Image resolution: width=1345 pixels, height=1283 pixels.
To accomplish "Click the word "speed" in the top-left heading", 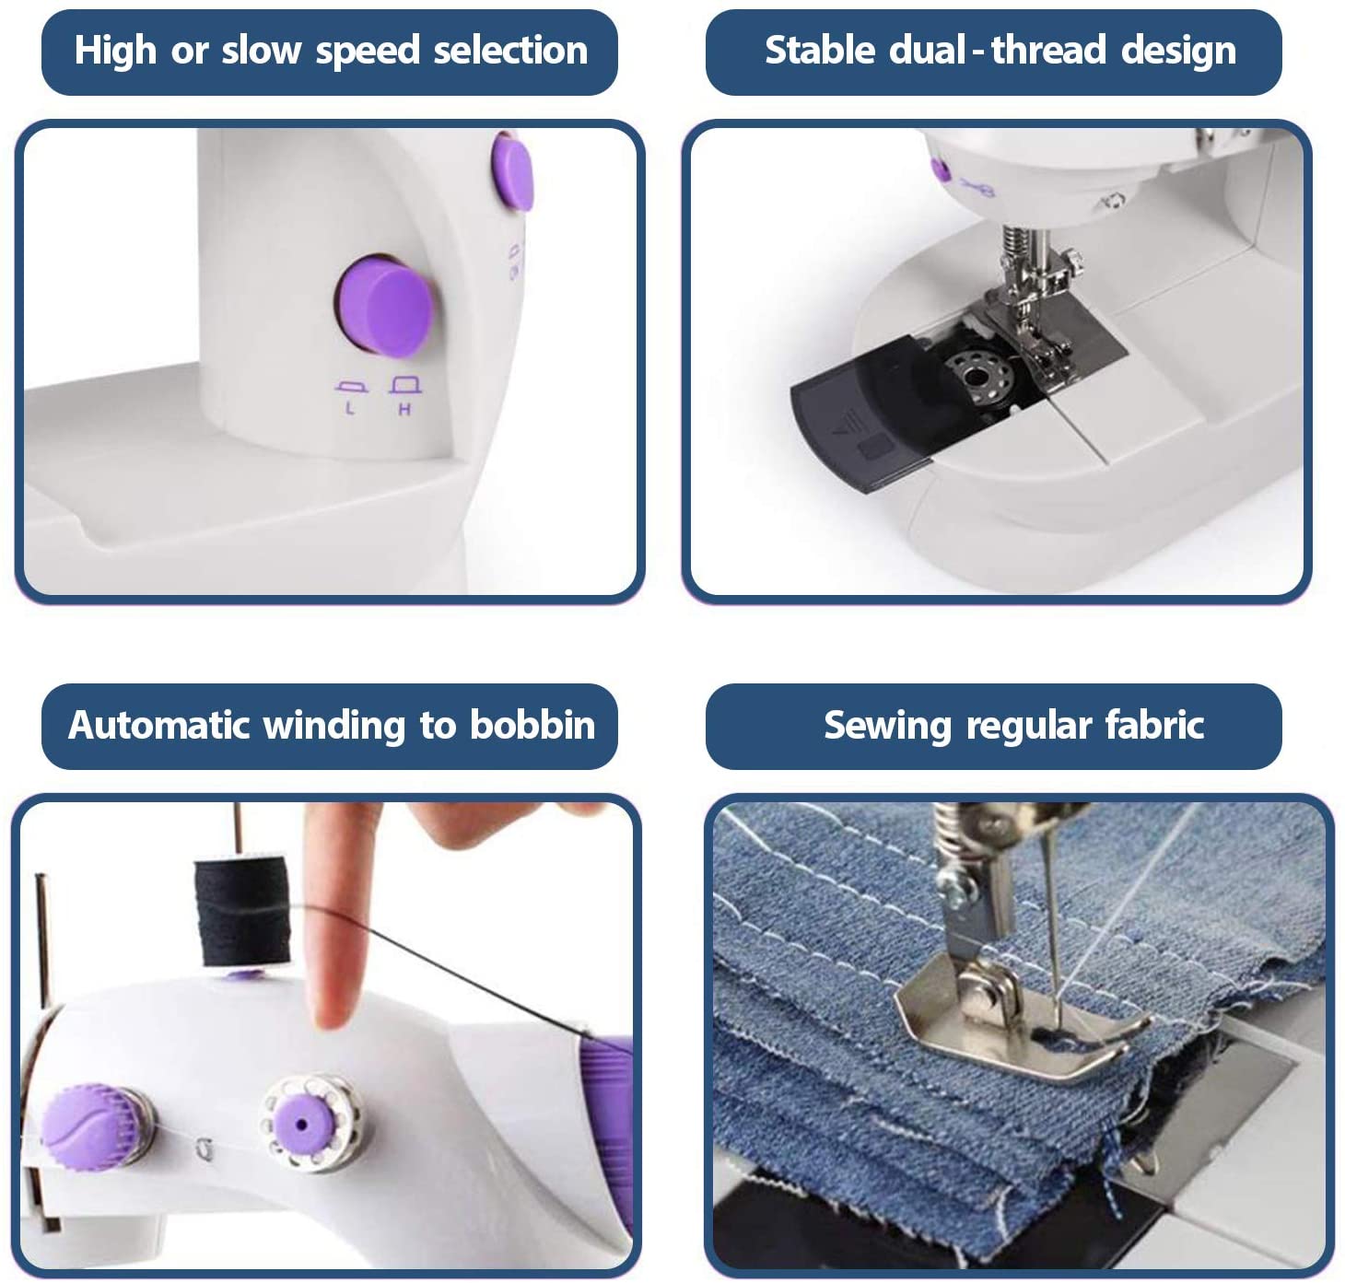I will tap(368, 52).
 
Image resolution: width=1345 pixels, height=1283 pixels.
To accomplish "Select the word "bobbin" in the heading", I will tap(532, 725).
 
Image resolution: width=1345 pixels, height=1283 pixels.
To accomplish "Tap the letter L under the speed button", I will tap(350, 408).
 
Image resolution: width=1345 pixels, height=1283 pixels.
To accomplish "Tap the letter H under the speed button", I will tap(404, 409).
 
